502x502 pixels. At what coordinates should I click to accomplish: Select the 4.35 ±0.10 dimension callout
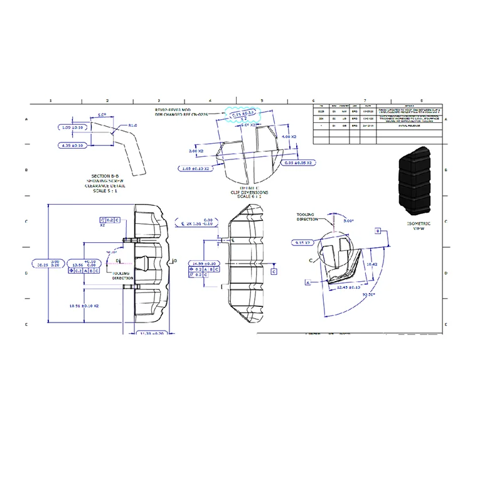(74, 146)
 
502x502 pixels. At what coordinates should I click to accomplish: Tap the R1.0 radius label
(133, 125)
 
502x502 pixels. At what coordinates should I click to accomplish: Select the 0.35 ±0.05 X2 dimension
(299, 163)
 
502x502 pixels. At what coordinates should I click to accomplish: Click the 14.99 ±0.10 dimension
(205, 264)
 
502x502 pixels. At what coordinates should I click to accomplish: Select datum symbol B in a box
(378, 232)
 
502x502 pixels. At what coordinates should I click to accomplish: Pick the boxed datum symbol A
(308, 283)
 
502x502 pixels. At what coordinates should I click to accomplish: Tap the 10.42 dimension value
(371, 264)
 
